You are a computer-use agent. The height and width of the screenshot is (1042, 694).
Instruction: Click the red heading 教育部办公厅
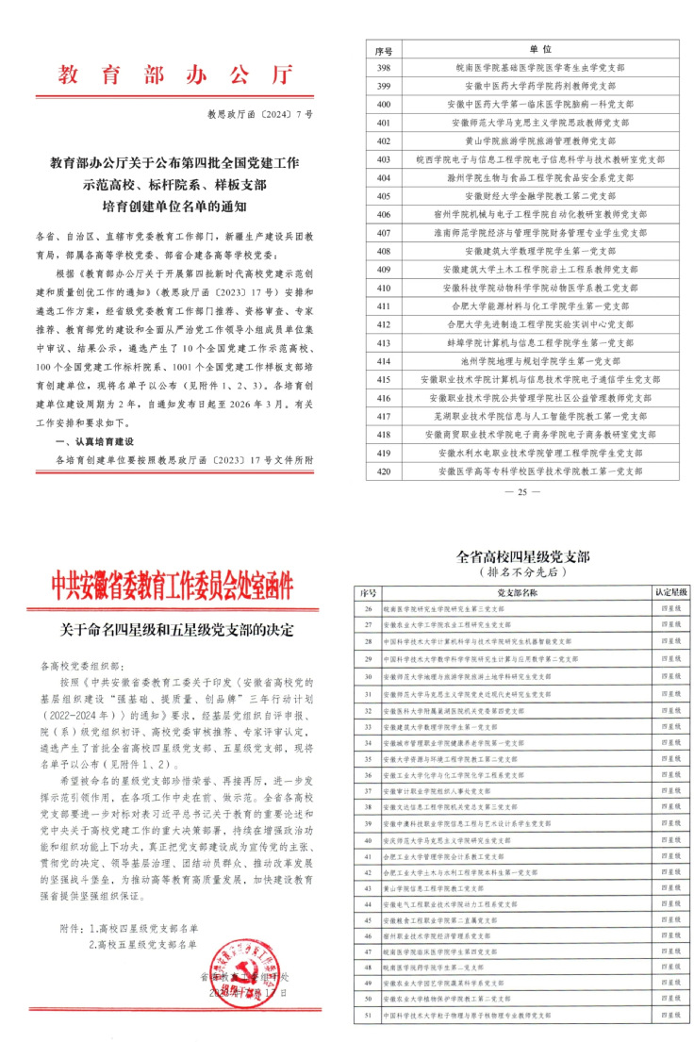(x=174, y=74)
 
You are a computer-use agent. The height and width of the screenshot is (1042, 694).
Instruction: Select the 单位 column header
(x=539, y=48)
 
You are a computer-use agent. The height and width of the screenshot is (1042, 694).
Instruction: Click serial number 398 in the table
(x=383, y=68)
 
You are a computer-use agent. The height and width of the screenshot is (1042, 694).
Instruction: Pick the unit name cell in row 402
(x=539, y=140)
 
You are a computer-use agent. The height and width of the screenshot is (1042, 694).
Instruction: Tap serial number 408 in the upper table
(x=383, y=252)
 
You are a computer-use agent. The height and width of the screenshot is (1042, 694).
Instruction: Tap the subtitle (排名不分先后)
(x=520, y=572)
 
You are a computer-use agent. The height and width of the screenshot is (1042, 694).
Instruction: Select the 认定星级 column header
(x=671, y=593)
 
